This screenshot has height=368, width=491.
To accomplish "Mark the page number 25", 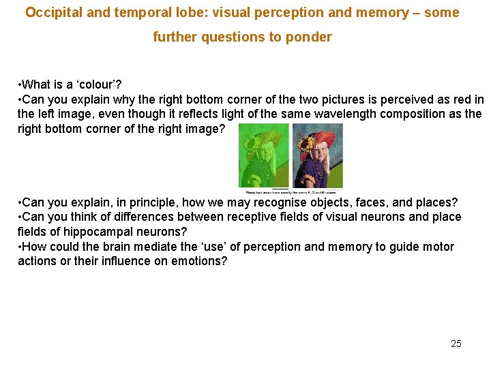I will pyautogui.click(x=456, y=343).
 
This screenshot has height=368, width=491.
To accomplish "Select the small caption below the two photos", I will pyautogui.click(x=291, y=193).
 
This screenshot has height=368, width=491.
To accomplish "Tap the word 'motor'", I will pyautogui.click(x=438, y=247).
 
